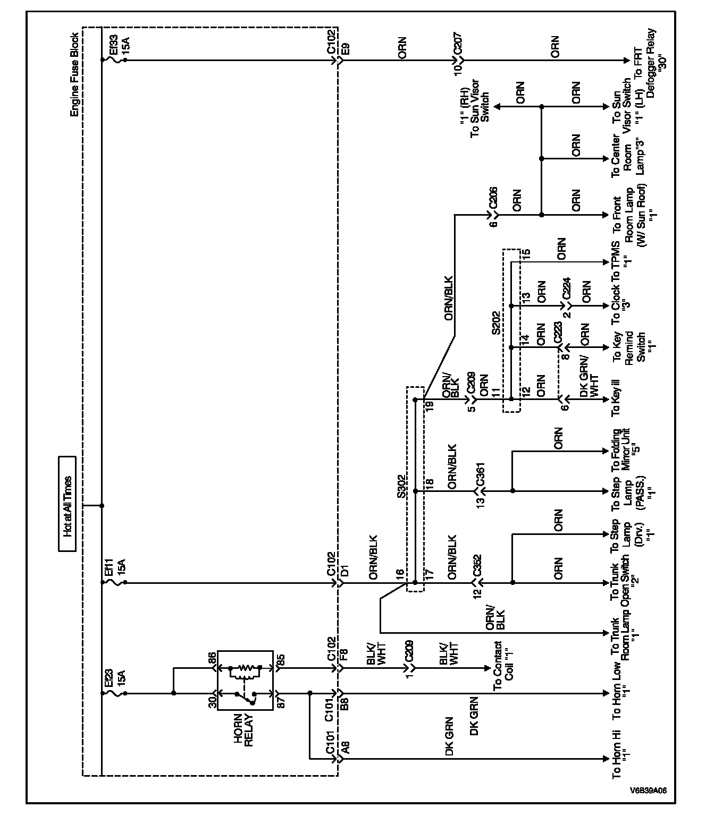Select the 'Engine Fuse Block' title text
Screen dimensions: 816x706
[75, 75]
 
